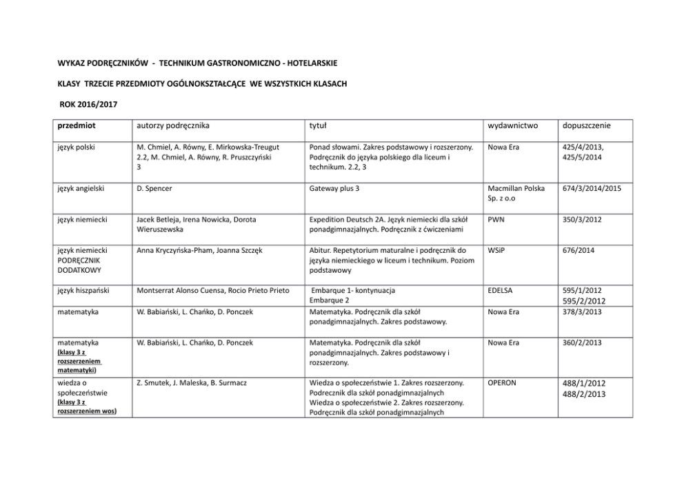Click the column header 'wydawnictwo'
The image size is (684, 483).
coord(512,126)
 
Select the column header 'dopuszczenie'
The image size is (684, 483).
coord(587,126)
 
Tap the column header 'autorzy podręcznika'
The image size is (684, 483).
coord(172,126)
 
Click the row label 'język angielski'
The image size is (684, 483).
coord(80,188)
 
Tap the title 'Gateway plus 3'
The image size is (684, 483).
coord(336,188)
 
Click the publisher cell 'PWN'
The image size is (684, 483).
coord(496,219)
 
